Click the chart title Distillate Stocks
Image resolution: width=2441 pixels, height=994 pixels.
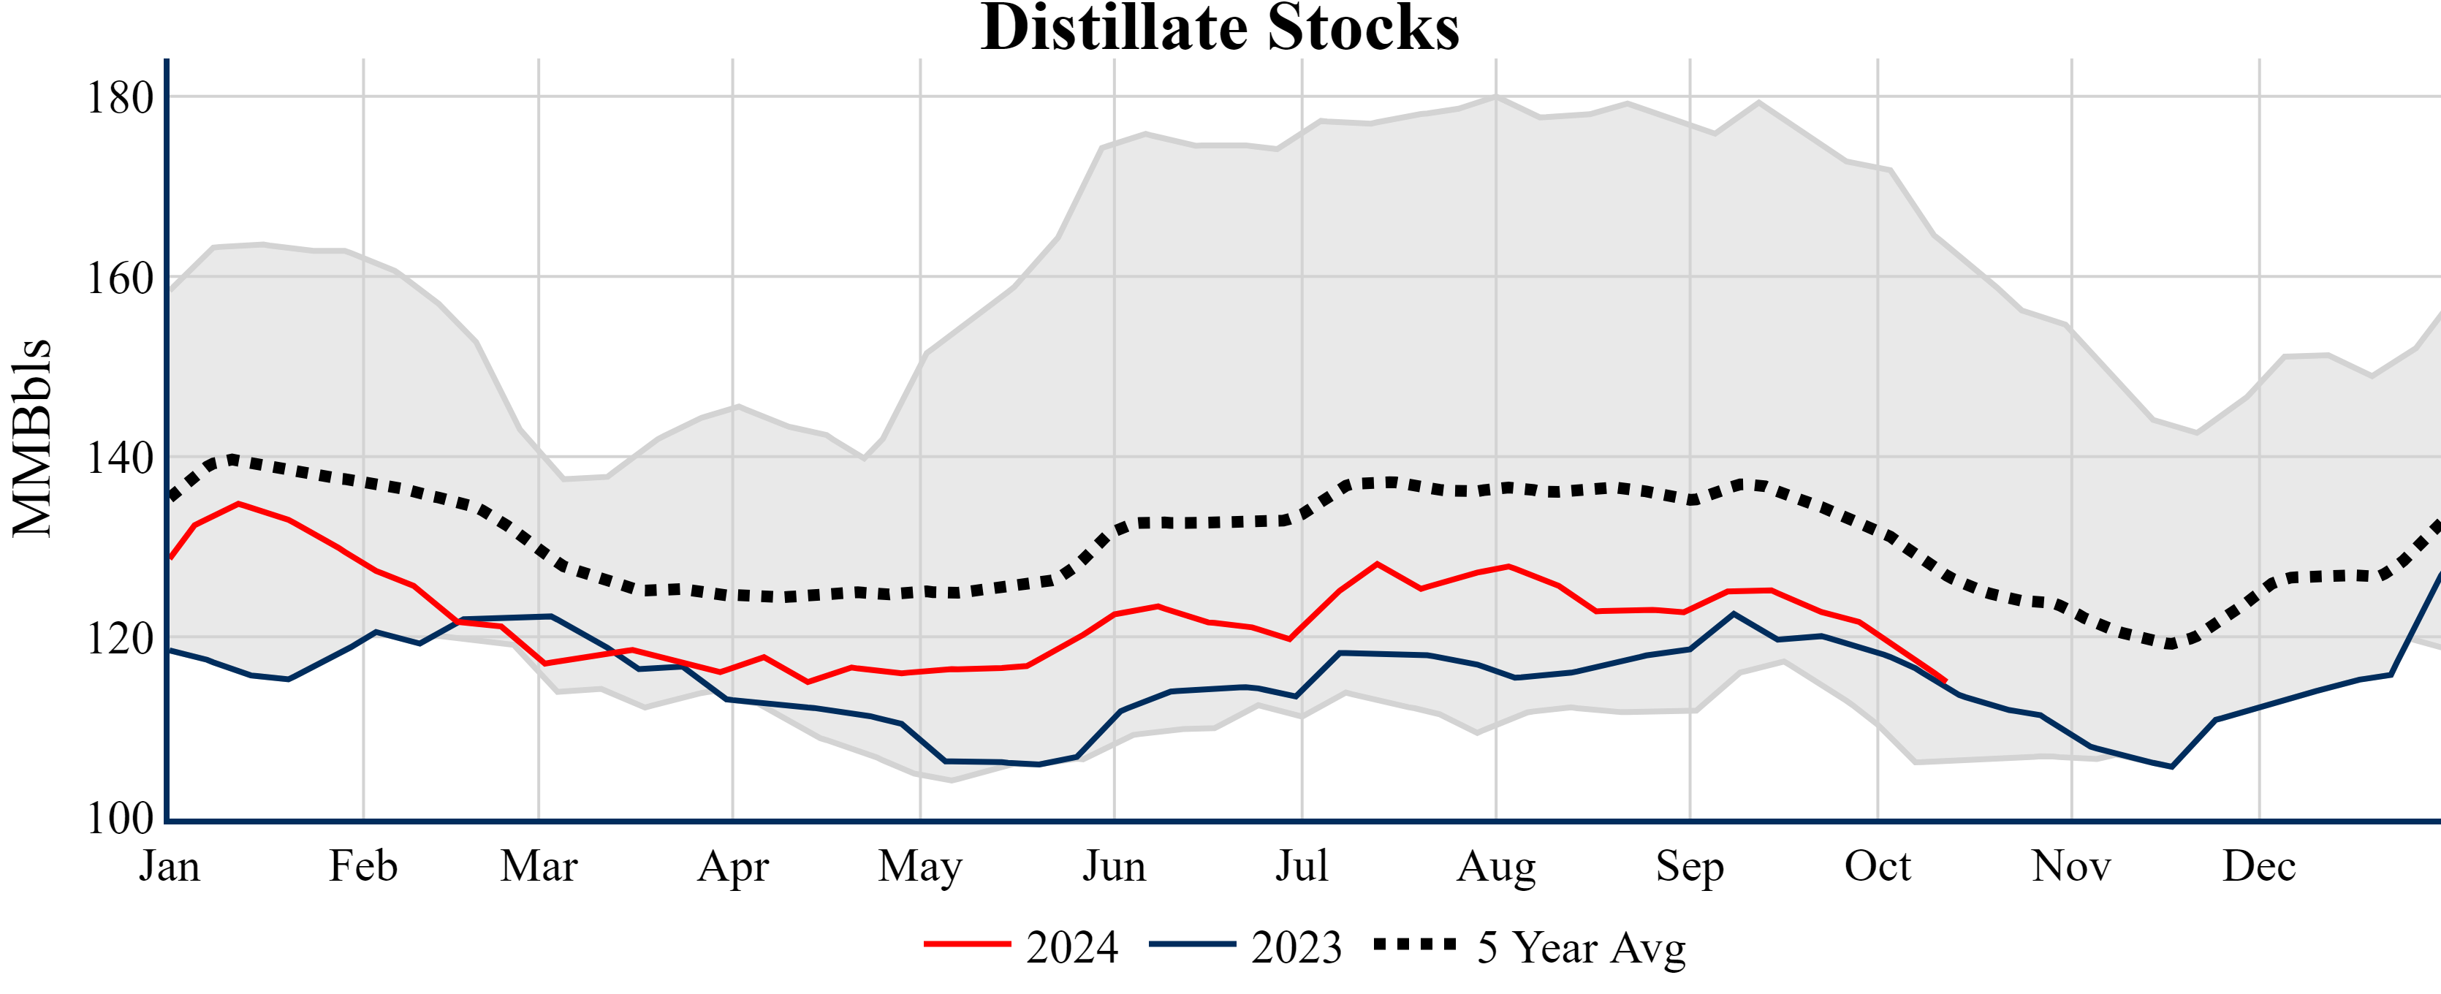pos(1220,29)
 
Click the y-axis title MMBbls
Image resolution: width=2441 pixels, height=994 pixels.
pos(32,438)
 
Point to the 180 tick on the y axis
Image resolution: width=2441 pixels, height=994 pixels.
pos(121,98)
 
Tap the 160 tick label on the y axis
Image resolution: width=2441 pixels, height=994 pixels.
pos(121,278)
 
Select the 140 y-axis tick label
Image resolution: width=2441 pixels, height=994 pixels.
pos(121,458)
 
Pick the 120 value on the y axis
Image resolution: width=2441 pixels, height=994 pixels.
pos(121,639)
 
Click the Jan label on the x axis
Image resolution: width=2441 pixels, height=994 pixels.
pos(170,866)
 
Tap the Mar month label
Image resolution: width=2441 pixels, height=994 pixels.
pos(539,866)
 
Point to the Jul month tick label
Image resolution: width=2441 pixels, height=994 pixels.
pos(1302,866)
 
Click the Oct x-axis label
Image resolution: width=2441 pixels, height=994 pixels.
pos(1878,866)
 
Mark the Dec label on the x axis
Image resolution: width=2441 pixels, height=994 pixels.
pos(2259,866)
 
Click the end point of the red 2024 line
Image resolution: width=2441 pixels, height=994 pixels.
pos(1945,680)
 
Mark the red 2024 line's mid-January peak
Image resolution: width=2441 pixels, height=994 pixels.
pos(238,504)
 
